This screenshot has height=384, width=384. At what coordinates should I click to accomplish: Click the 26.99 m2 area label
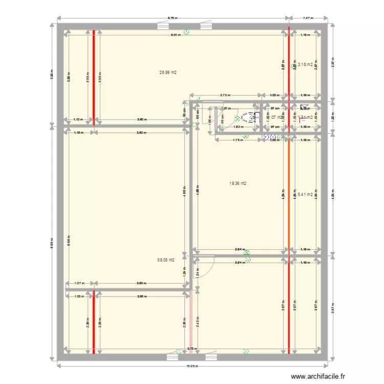coord(168,73)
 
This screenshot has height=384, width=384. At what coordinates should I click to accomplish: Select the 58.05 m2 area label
coord(166,260)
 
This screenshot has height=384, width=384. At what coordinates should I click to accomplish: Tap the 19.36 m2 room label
coord(239,183)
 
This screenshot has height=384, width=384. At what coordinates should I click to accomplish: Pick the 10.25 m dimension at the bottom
coord(192,366)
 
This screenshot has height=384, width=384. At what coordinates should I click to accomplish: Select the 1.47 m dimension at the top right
coord(307,18)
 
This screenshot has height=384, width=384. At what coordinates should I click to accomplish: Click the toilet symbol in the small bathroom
coord(249,118)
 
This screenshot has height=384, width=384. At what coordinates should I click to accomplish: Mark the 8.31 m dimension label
coord(175,35)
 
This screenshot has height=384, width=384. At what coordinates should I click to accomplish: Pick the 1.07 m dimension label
coord(78,283)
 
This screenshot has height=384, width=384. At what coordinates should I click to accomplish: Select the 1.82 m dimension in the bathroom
coord(237,127)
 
